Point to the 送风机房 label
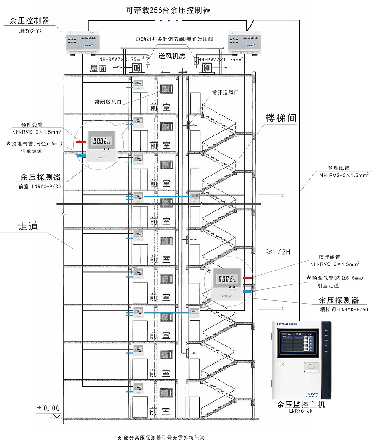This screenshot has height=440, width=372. tap(172, 56)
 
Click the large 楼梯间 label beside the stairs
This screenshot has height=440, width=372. tap(280, 117)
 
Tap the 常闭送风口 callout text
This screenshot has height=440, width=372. tap(108, 101)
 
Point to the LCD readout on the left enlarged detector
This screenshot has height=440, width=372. tap(101, 141)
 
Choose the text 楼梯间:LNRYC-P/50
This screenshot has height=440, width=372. tap(344, 309)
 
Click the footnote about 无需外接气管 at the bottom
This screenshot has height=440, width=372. tap(164, 437)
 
